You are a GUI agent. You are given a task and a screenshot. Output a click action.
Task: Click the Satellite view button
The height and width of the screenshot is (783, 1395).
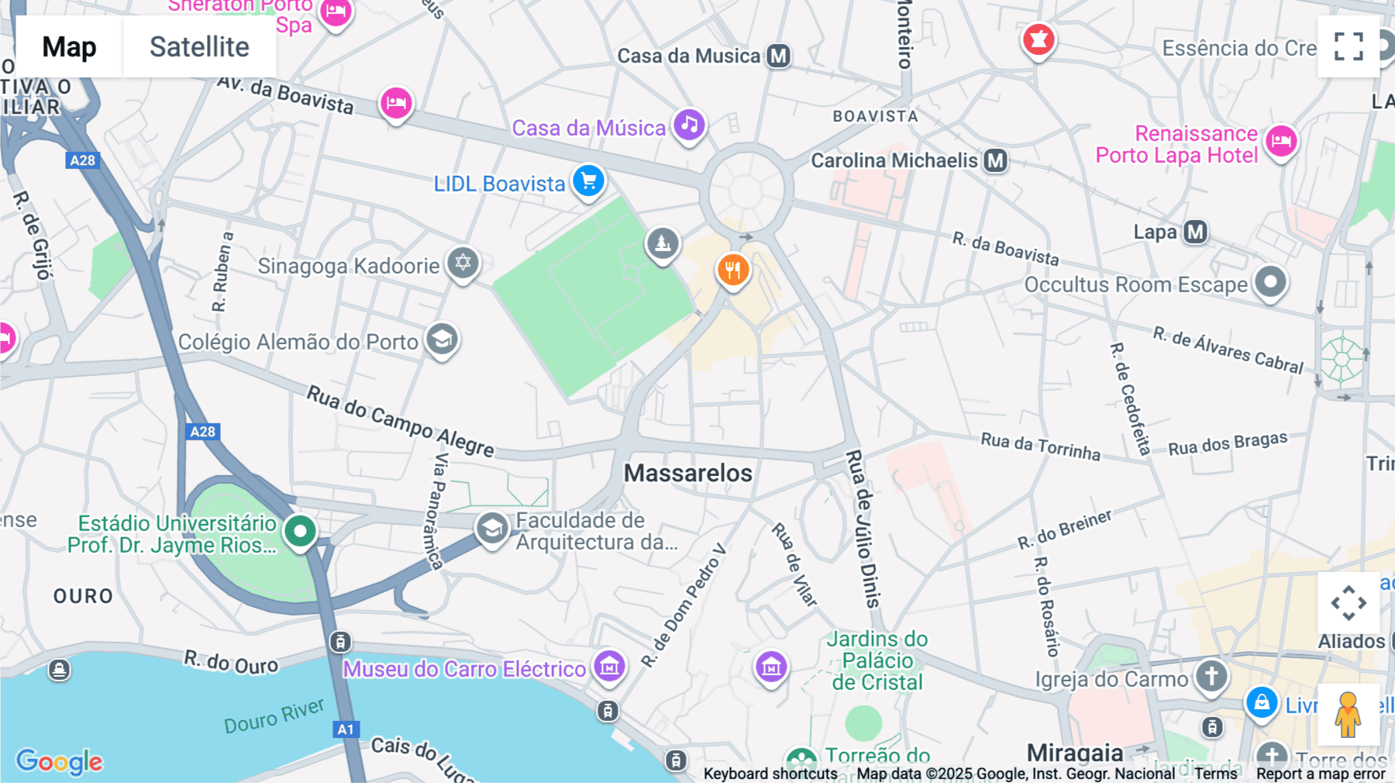tap(199, 47)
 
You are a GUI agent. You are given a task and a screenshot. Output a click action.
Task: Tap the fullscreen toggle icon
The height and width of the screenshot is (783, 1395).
tap(1348, 47)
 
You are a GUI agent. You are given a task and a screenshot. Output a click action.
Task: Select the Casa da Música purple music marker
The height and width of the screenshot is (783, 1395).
tap(689, 124)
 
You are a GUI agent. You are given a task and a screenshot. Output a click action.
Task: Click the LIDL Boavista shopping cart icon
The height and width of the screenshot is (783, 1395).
tap(589, 181)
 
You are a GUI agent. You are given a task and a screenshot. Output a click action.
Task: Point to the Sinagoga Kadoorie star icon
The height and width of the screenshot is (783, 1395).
tap(463, 262)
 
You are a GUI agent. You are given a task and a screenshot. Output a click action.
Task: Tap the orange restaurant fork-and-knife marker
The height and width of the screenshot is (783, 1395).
tap(732, 270)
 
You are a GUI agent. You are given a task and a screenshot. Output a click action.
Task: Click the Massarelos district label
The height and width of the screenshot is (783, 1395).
tap(688, 473)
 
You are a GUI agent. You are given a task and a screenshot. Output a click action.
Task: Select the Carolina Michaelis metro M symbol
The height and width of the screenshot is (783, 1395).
tap(995, 160)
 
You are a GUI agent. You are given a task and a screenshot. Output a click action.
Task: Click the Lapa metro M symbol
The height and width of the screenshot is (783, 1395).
tap(1196, 232)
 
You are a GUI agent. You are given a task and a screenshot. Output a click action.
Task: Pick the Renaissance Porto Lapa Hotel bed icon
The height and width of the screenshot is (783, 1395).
tap(1281, 141)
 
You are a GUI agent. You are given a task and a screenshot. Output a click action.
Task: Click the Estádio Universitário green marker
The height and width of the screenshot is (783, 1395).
tap(300, 531)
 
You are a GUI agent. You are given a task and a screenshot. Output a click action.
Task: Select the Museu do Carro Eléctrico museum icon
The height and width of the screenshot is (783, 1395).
tap(609, 665)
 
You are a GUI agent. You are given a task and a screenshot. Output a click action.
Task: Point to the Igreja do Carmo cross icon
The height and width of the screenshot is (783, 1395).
tap(1211, 675)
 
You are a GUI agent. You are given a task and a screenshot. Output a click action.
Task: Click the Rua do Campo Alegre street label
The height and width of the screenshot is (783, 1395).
tap(400, 421)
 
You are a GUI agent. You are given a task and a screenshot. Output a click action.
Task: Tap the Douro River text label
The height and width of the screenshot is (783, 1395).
tap(274, 716)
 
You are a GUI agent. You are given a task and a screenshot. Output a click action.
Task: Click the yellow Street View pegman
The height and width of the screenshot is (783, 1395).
tap(1348, 714)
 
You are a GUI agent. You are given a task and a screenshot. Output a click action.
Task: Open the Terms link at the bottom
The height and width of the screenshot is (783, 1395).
tap(1215, 774)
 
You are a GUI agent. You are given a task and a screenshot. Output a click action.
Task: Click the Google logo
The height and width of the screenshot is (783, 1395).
tap(59, 761)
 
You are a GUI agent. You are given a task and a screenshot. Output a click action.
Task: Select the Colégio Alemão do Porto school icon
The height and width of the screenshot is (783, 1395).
tap(442, 339)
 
